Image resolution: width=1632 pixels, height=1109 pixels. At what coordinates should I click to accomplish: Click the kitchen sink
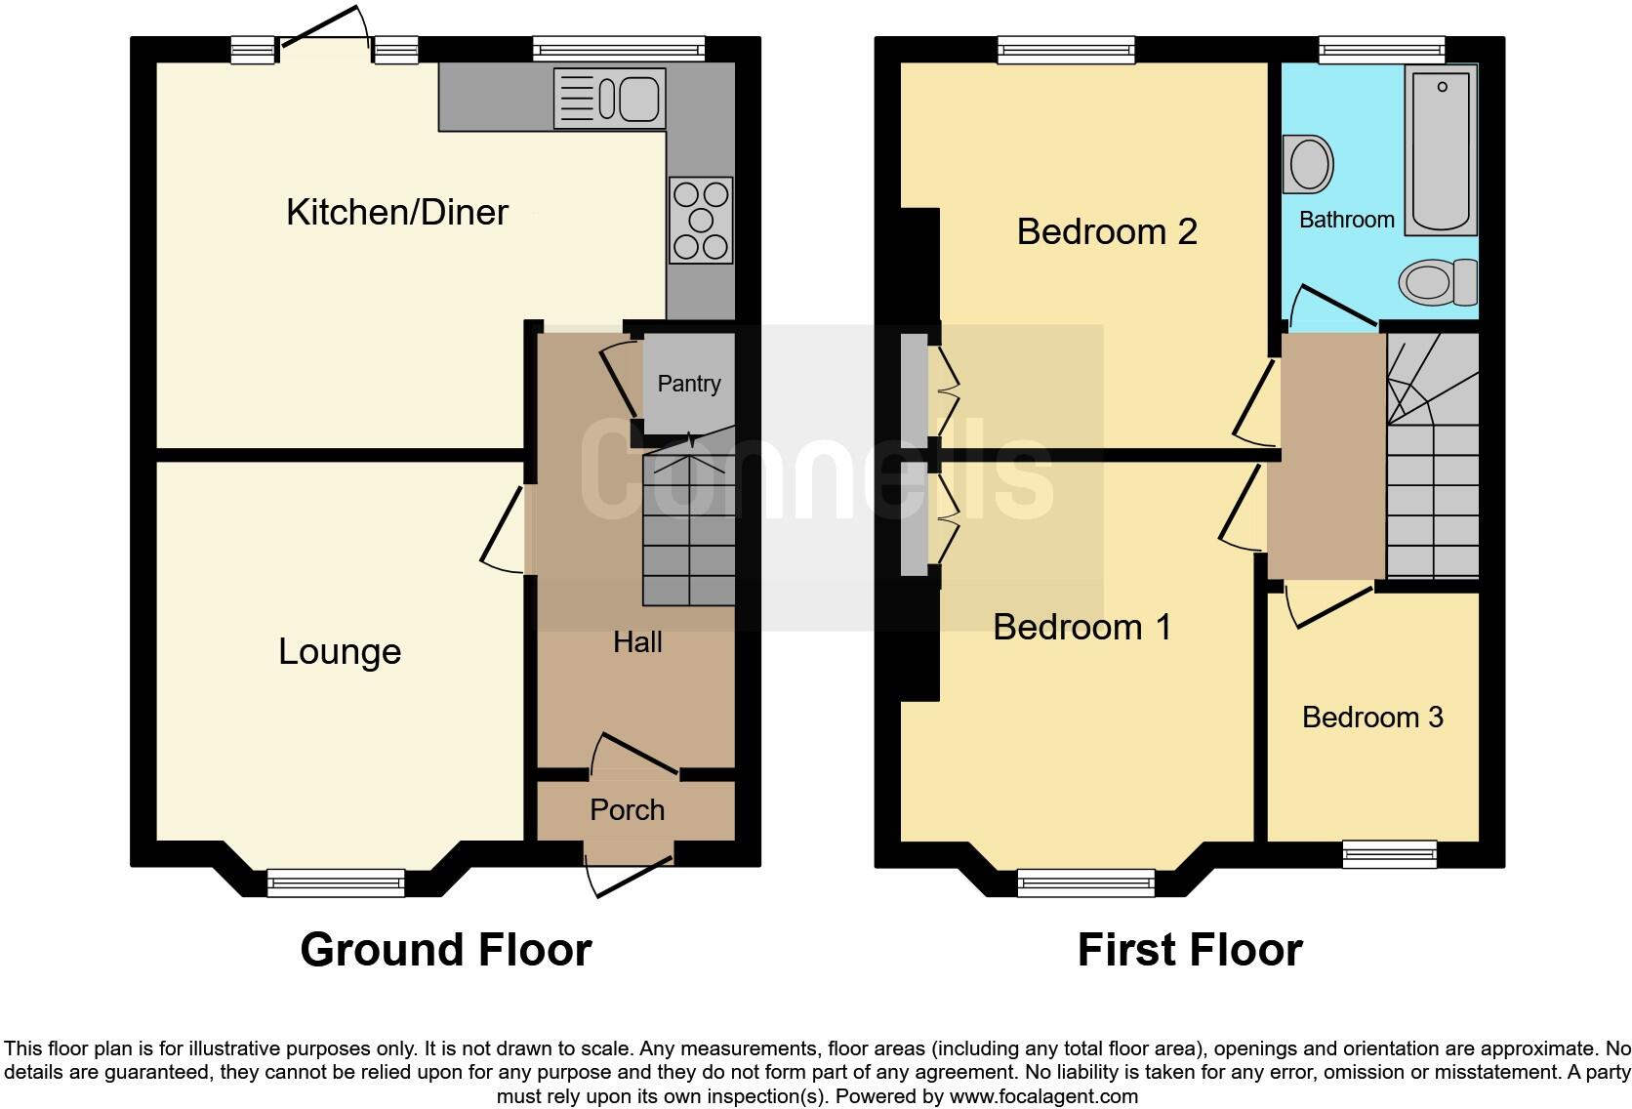tap(610, 98)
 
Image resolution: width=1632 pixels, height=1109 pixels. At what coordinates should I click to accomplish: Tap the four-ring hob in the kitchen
tap(701, 220)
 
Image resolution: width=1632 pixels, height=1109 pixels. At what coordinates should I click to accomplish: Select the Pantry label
tap(689, 384)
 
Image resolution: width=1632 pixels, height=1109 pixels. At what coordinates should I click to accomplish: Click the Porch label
tap(627, 810)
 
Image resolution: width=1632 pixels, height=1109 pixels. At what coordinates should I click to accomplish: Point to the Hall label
tap(637, 642)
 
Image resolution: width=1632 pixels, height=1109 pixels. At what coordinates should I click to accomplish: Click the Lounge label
tap(340, 652)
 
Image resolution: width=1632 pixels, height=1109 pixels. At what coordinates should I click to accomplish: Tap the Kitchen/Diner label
tap(396, 212)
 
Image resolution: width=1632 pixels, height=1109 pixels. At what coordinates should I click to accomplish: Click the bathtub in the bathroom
tap(1441, 150)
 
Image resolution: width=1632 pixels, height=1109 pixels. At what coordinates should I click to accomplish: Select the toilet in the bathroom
tap(1439, 281)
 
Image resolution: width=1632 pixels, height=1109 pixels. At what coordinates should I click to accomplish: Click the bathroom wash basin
tap(1310, 163)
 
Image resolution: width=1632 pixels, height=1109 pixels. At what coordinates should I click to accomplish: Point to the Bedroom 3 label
tap(1372, 718)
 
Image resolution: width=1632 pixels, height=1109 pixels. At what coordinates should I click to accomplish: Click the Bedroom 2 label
tap(1107, 232)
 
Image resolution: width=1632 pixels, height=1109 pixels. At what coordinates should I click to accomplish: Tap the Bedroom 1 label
tap(1081, 627)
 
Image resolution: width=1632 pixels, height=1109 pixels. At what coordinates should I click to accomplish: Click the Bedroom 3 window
tap(1389, 854)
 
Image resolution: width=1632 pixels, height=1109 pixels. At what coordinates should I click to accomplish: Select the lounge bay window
tap(336, 883)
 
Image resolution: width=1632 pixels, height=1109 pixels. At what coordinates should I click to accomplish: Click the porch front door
tap(630, 874)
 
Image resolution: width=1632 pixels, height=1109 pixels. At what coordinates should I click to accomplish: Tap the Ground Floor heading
tap(446, 950)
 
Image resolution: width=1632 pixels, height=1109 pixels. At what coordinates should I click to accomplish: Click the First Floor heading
tap(1190, 950)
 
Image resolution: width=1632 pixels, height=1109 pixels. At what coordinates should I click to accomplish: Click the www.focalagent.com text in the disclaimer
tap(1043, 1096)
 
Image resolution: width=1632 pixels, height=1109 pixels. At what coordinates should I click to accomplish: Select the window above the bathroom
tap(1381, 50)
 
